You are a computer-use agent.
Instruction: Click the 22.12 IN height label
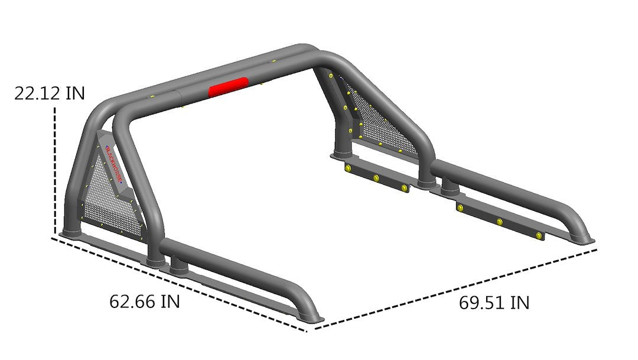[50, 93]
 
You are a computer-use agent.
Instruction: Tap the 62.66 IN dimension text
[145, 301]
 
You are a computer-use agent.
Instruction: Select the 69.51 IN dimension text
[494, 303]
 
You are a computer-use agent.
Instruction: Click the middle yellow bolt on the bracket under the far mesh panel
[376, 178]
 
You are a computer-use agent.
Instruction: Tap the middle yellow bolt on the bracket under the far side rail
[500, 222]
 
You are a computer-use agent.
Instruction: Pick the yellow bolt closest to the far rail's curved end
[539, 236]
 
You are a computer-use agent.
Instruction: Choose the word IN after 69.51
[519, 303]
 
